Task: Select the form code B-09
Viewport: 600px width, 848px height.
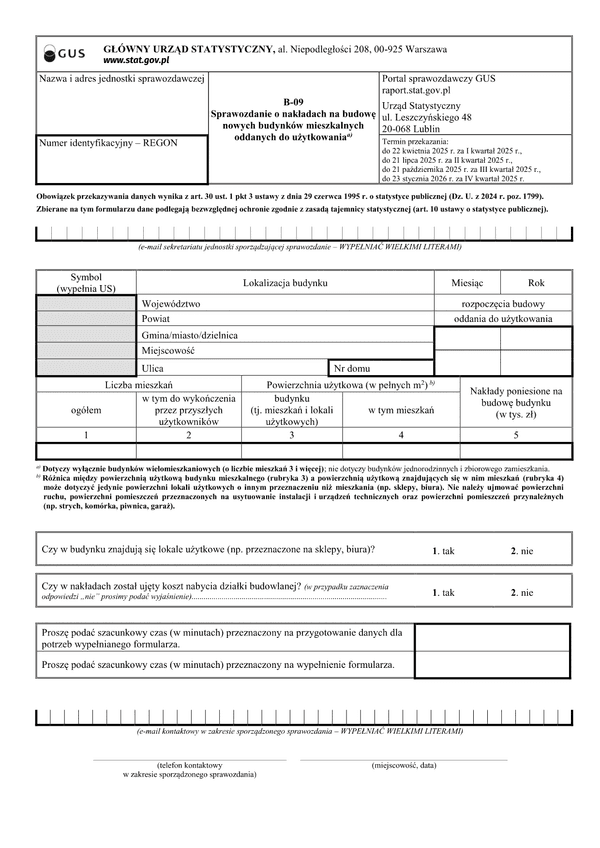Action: tap(292, 101)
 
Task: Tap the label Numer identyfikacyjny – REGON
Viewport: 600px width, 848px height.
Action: tap(108, 143)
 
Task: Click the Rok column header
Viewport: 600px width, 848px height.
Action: tap(536, 283)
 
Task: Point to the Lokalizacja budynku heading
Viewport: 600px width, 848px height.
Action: tap(285, 283)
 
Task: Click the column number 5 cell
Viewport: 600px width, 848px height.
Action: tap(516, 435)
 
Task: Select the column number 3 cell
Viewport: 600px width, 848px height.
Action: tap(292, 435)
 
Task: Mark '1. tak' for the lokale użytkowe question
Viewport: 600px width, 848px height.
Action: tap(443, 551)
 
